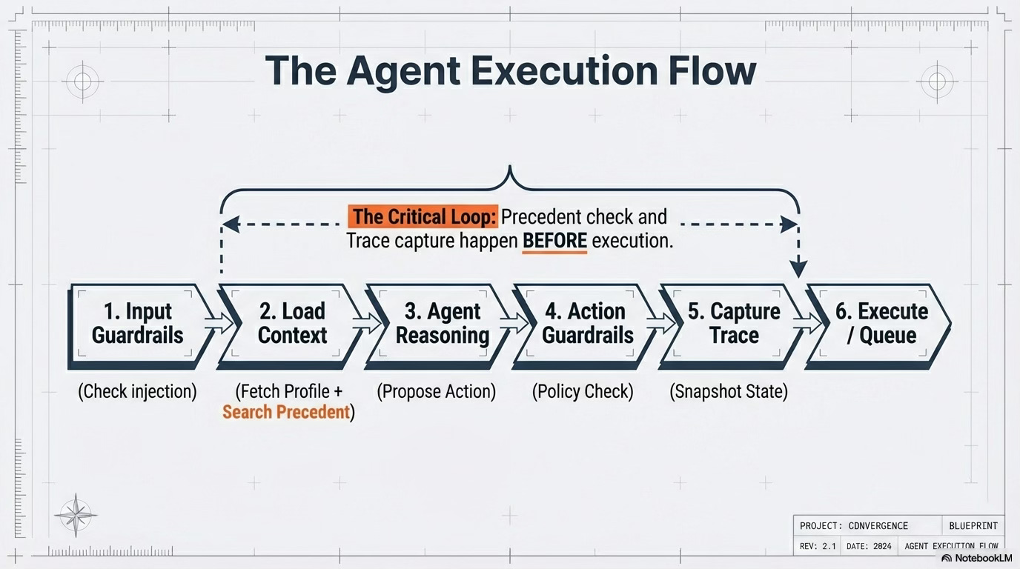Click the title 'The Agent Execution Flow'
tap(510, 70)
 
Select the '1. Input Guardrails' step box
tap(137, 323)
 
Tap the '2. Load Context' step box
tap(292, 323)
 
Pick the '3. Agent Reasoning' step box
tap(443, 323)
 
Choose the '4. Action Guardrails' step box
tap(588, 323)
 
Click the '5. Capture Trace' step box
tap(734, 323)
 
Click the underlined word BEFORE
tap(554, 242)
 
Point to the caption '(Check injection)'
tap(137, 391)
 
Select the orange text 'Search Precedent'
tap(285, 412)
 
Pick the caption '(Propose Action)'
tap(436, 391)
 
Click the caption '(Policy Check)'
tap(583, 391)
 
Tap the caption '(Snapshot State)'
tap(729, 391)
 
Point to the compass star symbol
tap(76, 515)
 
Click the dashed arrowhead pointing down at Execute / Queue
tap(798, 270)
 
